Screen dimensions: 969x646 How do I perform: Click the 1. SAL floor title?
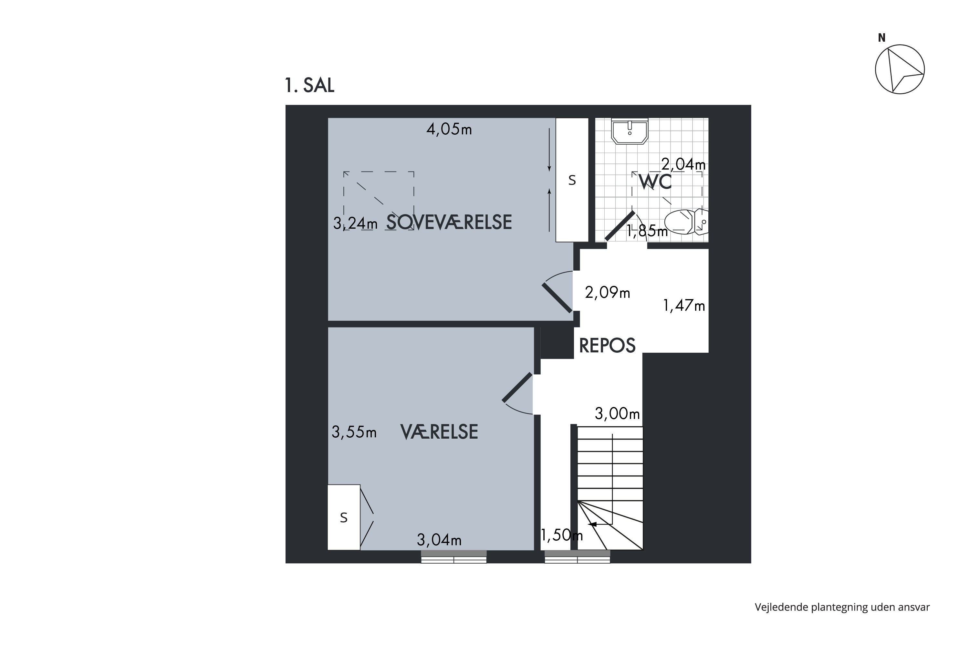309,85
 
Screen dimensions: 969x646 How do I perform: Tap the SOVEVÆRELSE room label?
449,222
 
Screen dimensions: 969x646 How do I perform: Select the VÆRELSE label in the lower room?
439,432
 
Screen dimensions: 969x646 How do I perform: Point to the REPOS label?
607,346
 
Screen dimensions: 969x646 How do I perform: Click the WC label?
655,182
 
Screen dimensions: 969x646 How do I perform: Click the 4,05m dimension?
449,130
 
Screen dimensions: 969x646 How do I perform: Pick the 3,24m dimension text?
355,223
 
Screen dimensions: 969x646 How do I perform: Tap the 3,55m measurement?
354,432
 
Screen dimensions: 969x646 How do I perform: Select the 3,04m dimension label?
439,540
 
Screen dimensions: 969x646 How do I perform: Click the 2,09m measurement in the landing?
608,293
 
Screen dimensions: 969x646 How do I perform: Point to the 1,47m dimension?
684,306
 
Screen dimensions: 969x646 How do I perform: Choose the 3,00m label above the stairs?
617,413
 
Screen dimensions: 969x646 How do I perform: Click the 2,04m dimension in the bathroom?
683,164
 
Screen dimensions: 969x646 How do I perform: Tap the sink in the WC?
630,131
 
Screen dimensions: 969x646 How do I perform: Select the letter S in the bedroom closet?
572,180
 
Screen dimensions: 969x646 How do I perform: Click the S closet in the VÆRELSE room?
344,517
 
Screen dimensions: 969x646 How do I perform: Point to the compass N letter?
882,38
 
